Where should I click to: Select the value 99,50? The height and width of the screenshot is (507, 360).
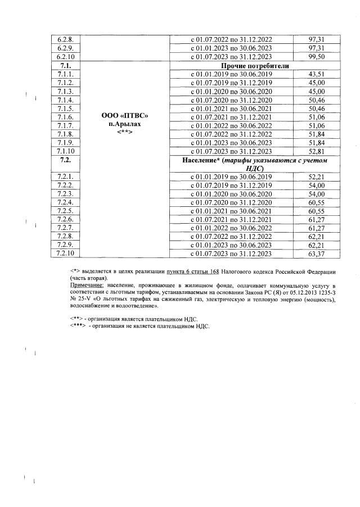[x=317, y=57]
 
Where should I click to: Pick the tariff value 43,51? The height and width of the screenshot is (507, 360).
[x=317, y=74]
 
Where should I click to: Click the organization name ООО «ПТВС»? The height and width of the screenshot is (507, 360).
[x=125, y=116]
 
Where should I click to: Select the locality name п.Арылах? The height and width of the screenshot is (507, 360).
[x=125, y=124]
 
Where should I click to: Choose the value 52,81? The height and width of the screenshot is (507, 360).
[x=317, y=151]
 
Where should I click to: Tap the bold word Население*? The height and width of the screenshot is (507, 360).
[x=201, y=161]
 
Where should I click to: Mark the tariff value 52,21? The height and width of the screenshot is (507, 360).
[x=317, y=177]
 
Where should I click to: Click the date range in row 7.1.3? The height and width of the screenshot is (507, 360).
[x=231, y=91]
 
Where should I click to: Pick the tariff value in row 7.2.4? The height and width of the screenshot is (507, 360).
[x=317, y=202]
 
